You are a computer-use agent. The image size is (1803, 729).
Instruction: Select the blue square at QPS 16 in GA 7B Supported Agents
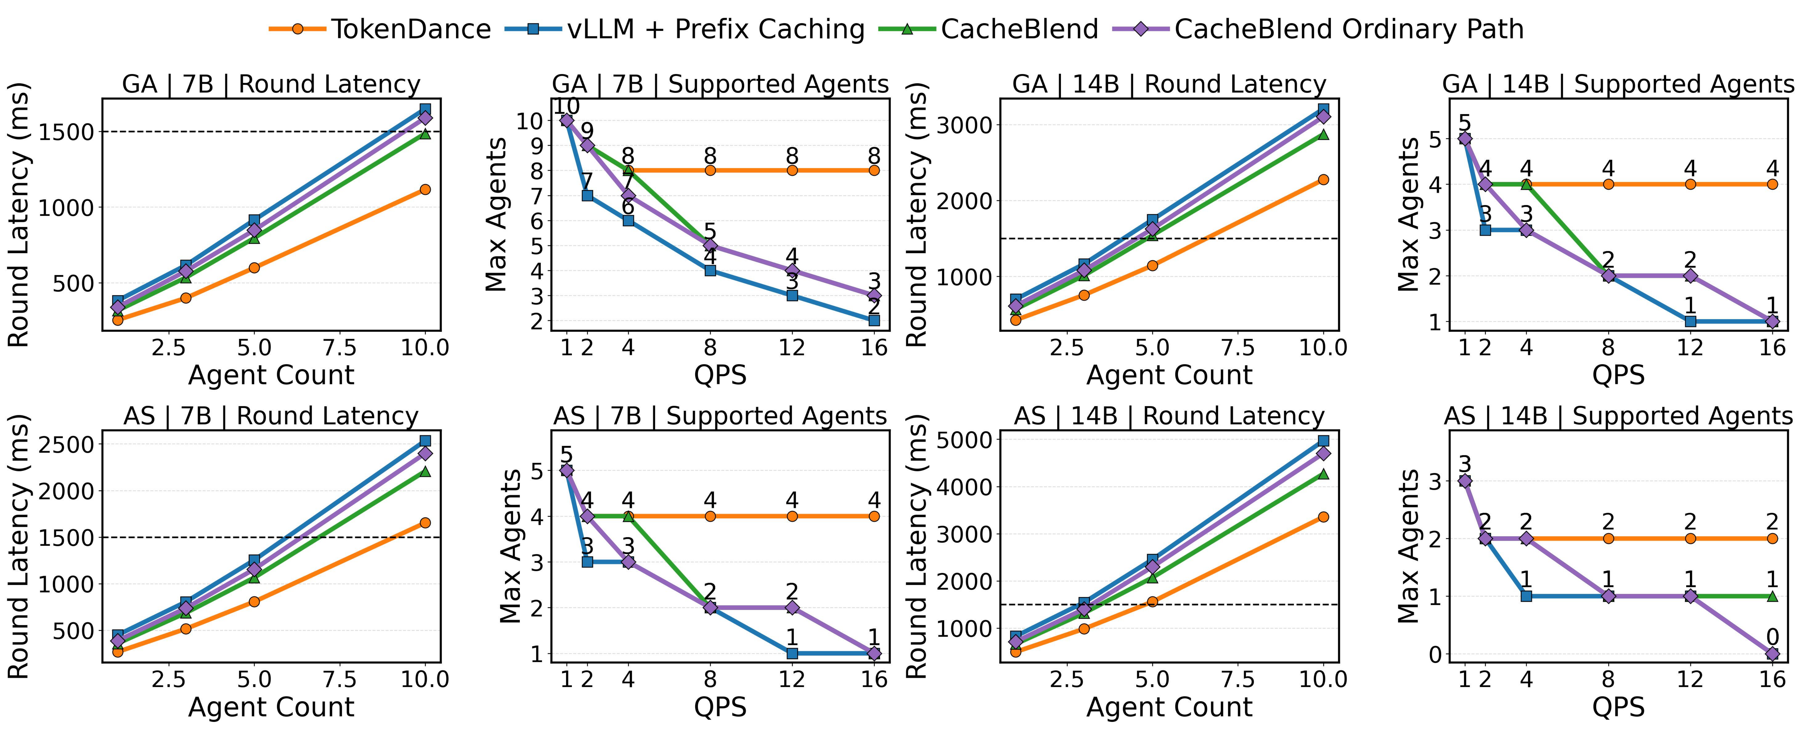[874, 320]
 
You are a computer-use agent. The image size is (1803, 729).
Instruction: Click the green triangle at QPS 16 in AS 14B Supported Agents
[1772, 596]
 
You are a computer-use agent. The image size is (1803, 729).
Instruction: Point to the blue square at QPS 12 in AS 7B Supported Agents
[792, 653]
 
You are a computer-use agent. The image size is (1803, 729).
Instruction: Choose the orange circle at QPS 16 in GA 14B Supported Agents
[1772, 184]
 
